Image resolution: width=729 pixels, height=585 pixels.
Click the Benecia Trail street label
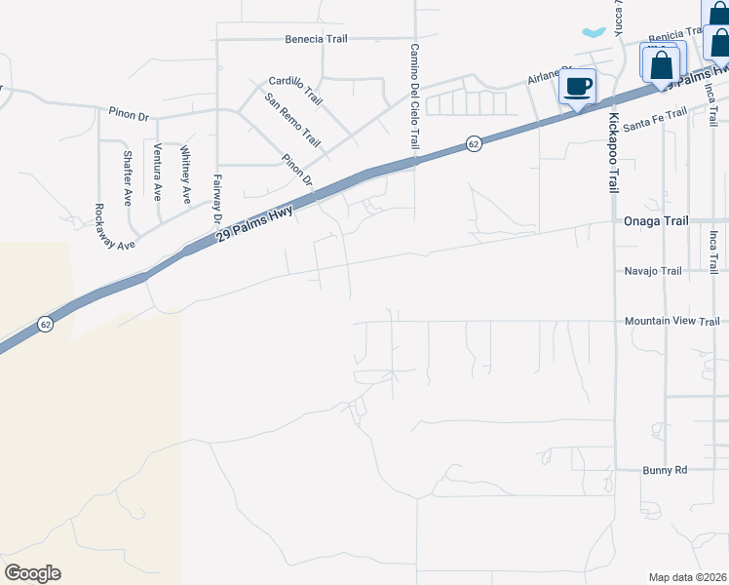[317, 40]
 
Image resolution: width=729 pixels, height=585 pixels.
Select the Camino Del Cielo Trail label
[414, 97]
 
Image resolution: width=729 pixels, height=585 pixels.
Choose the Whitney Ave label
[184, 175]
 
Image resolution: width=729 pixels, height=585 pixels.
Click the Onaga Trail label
[655, 221]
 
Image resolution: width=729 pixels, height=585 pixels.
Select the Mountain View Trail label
[672, 321]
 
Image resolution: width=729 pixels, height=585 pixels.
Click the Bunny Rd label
[665, 470]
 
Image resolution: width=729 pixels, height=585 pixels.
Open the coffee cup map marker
[578, 87]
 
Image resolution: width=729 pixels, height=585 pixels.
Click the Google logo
[32, 573]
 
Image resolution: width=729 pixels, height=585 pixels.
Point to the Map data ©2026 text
[688, 577]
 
